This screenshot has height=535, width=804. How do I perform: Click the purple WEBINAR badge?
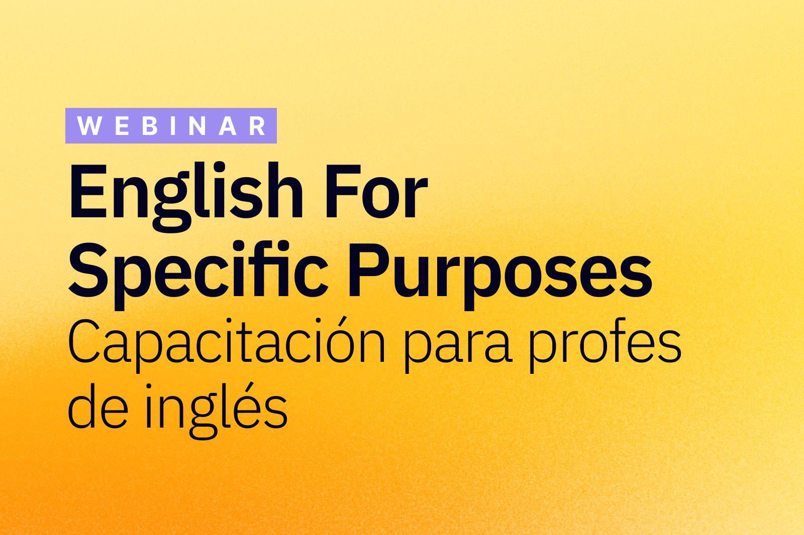point(171,125)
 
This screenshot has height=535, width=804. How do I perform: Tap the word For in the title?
point(376,192)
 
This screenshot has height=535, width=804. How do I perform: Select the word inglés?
point(216,411)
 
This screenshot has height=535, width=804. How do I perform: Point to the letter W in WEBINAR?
point(89,126)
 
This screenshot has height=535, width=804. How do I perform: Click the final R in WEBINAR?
point(257,126)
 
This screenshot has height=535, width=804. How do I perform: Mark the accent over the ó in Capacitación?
point(343,322)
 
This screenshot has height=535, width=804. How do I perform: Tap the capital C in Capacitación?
point(83,341)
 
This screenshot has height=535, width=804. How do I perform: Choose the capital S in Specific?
point(88,271)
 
